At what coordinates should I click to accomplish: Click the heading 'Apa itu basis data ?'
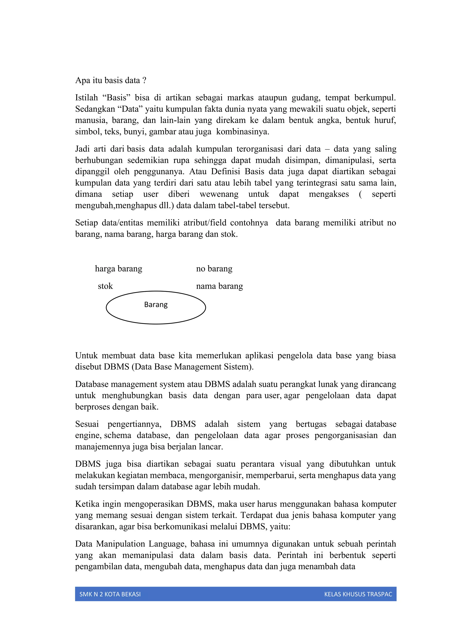111,80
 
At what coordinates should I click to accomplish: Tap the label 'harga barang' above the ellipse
118,269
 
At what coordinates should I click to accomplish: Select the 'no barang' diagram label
214,269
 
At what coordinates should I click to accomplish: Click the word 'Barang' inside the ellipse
156,305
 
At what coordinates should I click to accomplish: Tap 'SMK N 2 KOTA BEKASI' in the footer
110,594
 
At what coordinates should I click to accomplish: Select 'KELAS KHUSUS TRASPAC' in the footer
358,594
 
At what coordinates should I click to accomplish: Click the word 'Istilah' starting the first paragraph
86,98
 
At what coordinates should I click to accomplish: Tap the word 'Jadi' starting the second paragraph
83,149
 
